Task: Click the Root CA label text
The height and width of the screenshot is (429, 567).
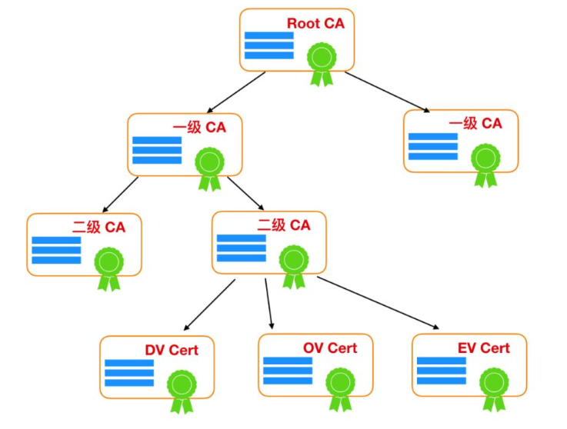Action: click(x=315, y=23)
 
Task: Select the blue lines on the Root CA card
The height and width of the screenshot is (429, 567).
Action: click(x=268, y=45)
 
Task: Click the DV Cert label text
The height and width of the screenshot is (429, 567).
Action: click(x=172, y=351)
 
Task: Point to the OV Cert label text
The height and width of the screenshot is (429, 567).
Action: click(x=330, y=348)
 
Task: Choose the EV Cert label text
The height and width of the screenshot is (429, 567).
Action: click(x=483, y=348)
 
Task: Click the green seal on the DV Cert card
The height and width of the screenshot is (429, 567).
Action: click(x=182, y=386)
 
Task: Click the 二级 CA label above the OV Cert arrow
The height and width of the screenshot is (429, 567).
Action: click(x=284, y=225)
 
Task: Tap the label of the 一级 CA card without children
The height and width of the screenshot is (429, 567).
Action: click(x=475, y=123)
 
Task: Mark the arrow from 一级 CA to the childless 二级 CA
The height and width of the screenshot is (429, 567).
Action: click(x=119, y=195)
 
